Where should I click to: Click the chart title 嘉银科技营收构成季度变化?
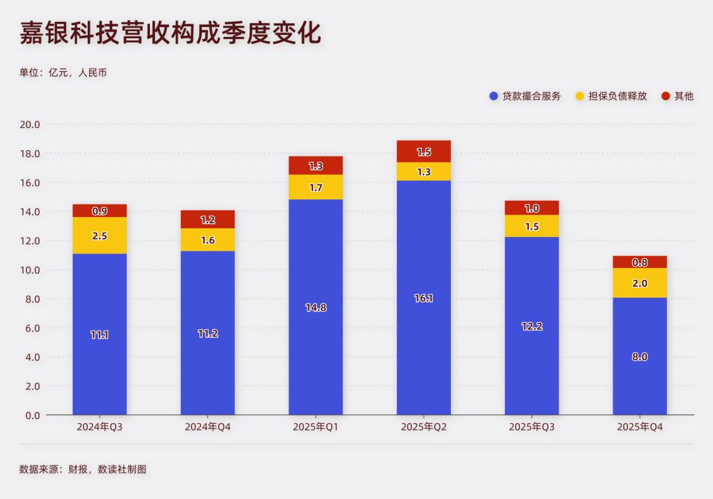170,34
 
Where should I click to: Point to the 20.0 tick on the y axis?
30,124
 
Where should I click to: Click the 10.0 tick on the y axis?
30,270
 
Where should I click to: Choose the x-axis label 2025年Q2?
424,427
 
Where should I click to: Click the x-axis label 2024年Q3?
100,427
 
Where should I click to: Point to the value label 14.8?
316,307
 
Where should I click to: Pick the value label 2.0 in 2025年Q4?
640,283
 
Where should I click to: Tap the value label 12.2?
532,326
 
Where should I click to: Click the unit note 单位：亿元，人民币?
63,73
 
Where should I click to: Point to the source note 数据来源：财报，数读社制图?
83,469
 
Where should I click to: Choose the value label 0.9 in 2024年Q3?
100,211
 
